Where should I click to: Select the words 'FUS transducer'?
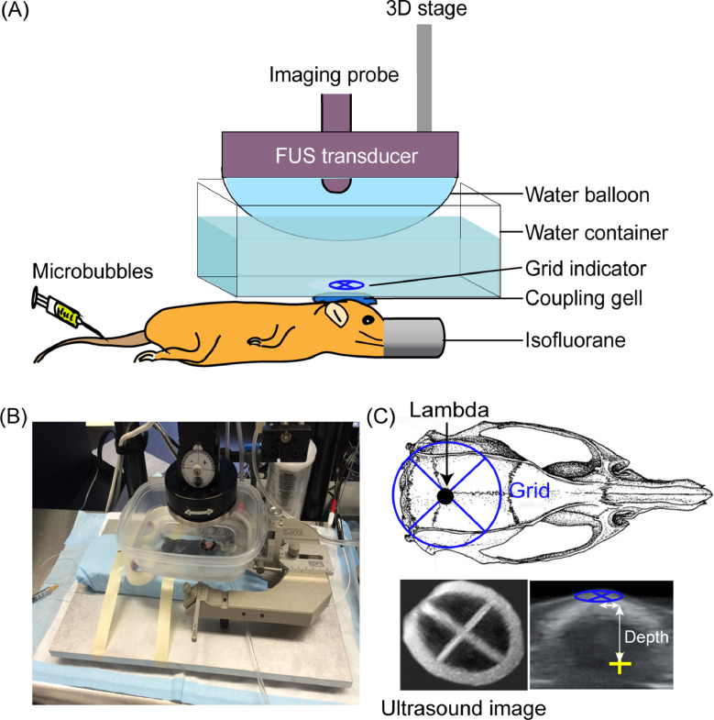(x=339, y=155)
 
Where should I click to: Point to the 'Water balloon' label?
(x=581, y=194)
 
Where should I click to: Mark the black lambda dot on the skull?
(x=445, y=496)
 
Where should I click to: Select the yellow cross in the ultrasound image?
(x=625, y=666)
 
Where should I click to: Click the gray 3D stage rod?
(x=425, y=78)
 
